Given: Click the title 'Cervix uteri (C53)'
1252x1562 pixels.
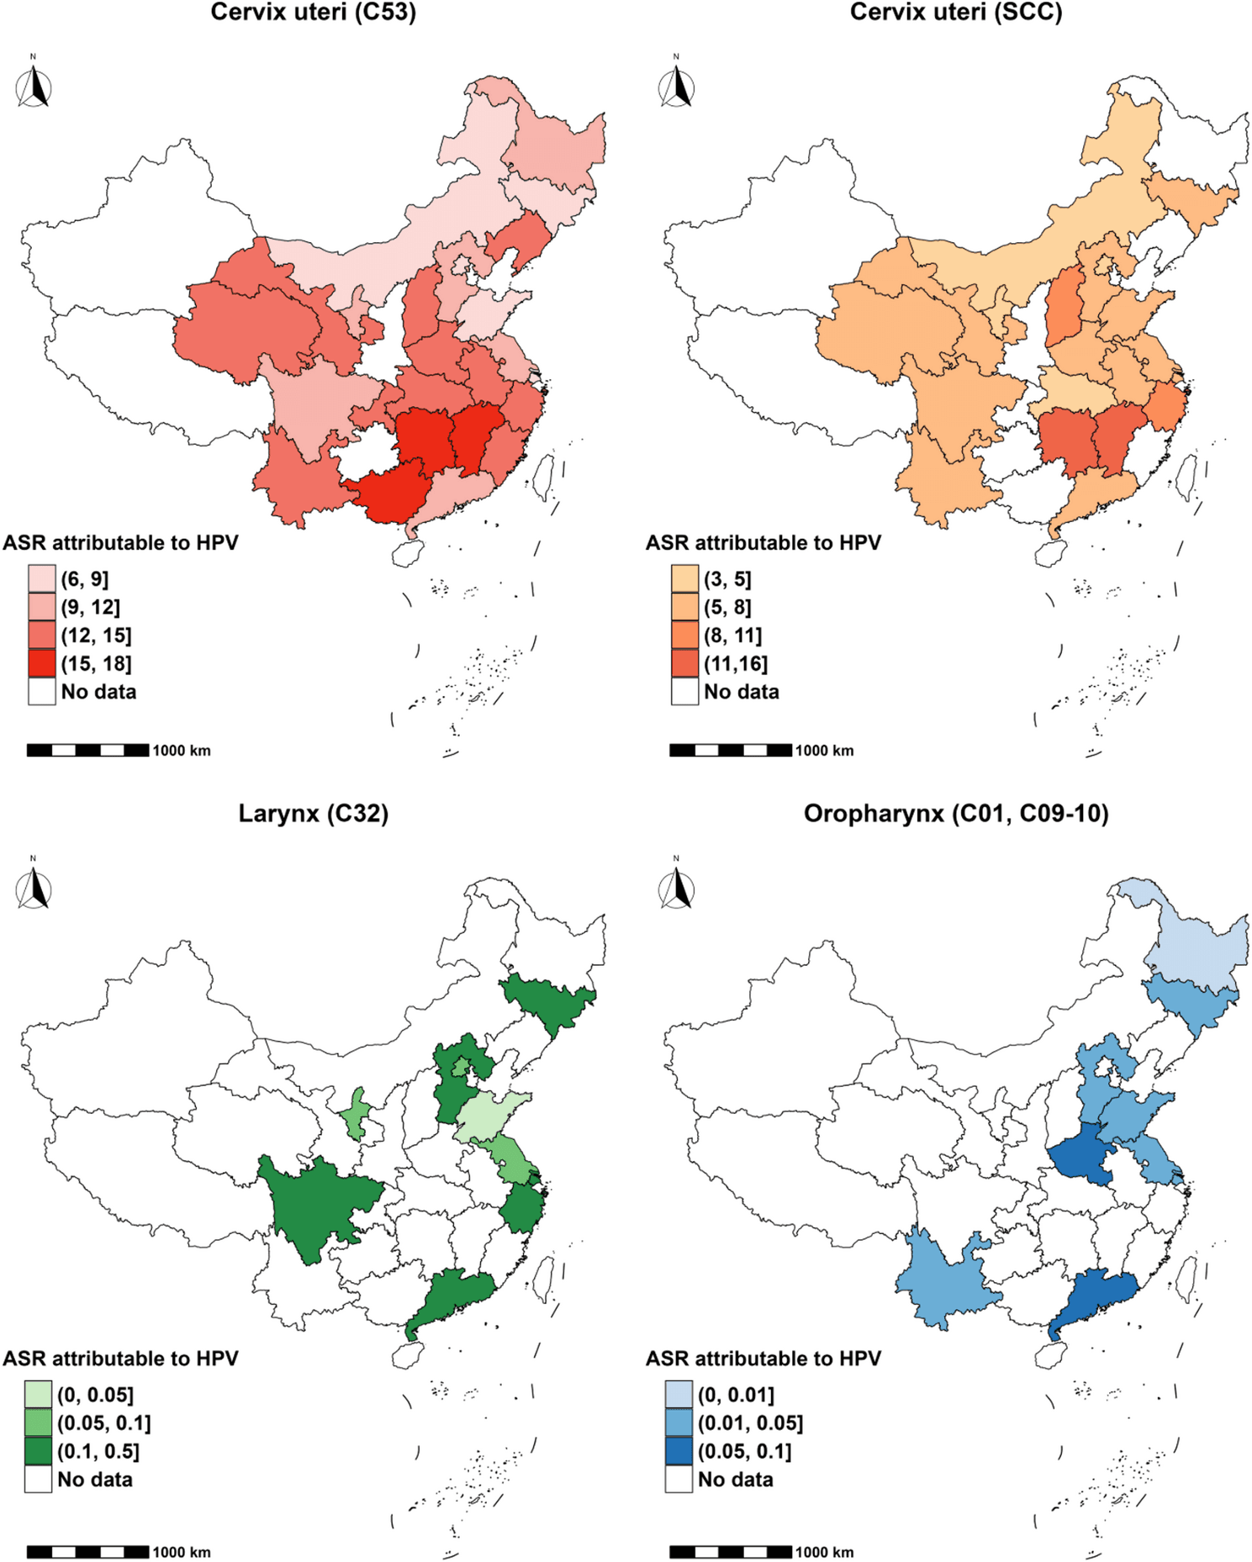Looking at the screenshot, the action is (313, 13).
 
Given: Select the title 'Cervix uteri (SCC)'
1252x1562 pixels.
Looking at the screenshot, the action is (956, 13).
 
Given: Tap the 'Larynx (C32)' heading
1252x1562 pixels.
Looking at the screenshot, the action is (313, 814).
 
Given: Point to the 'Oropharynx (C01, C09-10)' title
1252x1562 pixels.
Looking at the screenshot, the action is (956, 814).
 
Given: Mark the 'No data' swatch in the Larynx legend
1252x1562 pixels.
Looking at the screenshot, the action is (38, 1479).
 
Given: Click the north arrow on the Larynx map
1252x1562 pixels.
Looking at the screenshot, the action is (34, 886).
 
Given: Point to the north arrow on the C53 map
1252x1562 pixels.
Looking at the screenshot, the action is (34, 84).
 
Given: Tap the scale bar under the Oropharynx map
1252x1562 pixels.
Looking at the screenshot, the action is (731, 1552).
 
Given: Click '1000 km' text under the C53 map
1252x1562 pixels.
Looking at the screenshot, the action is (182, 751).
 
